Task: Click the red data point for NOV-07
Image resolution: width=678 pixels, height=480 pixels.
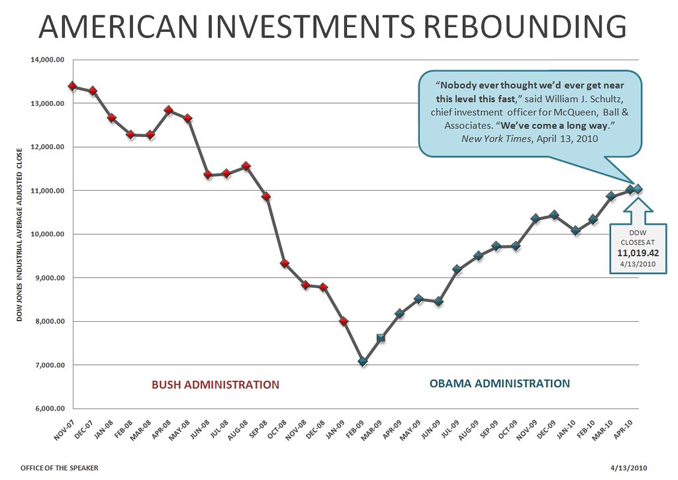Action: tap(73, 86)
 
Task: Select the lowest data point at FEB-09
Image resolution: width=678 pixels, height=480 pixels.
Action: tap(363, 361)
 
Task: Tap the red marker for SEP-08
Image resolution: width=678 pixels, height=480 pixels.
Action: tap(266, 197)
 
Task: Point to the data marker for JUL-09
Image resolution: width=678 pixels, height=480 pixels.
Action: tap(457, 269)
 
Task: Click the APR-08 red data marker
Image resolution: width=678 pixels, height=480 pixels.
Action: tap(168, 110)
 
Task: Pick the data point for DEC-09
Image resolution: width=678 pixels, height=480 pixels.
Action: tap(554, 215)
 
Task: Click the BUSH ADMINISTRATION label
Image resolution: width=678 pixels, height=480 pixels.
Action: tap(215, 385)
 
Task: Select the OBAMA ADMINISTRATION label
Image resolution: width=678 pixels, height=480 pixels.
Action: tap(499, 383)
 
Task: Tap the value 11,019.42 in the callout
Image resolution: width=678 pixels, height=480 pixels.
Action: tap(638, 252)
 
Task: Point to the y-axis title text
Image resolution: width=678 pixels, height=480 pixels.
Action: tap(20, 234)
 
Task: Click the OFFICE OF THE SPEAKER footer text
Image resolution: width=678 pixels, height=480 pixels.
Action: tap(59, 467)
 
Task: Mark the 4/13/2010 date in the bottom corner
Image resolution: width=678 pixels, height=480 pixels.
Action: tap(628, 467)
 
